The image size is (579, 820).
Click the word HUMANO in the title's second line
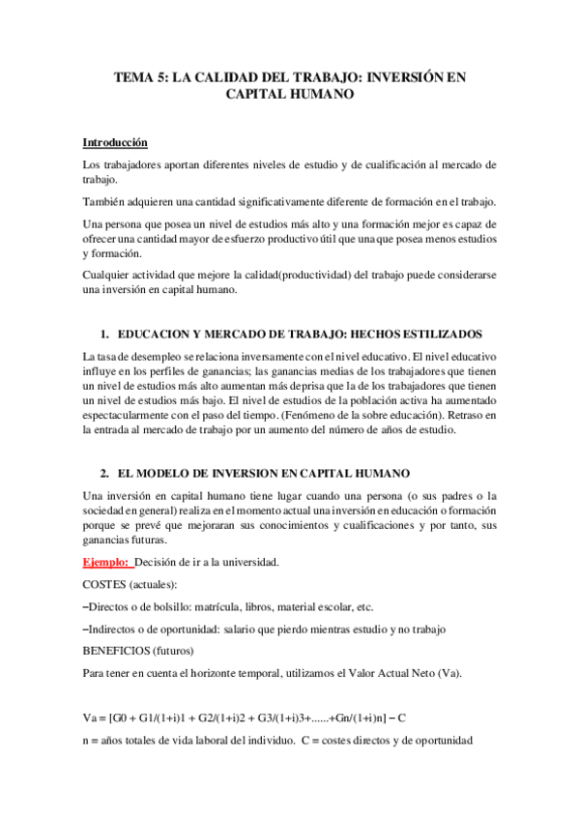pos(322,96)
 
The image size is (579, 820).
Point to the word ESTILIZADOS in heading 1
pos(437,335)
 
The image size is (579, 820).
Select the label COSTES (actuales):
pos(123,584)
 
